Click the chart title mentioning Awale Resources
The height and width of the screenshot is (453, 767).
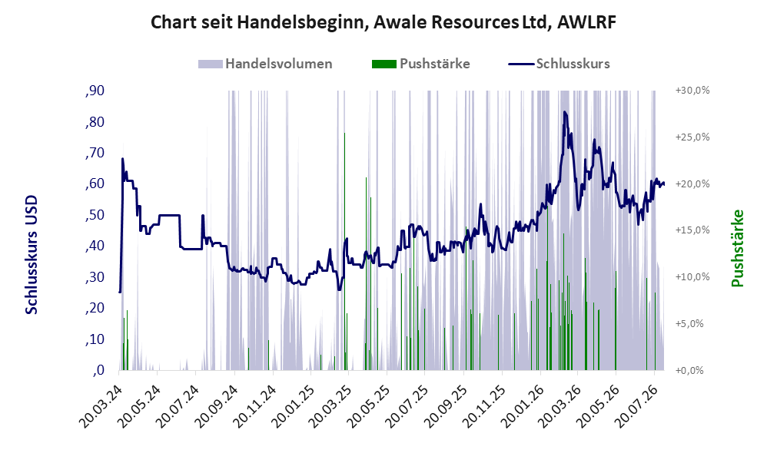[383, 22]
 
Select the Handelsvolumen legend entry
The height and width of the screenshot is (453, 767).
[265, 64]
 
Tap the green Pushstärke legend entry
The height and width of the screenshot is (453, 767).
[420, 64]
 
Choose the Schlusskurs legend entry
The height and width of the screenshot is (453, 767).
[559, 64]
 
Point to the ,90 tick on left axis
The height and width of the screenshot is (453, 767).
[95, 91]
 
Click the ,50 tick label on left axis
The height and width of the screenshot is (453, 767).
[95, 215]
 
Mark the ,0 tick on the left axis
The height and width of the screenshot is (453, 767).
[98, 370]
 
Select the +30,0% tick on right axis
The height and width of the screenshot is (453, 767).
[692, 91]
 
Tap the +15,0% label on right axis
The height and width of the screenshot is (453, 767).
[692, 230]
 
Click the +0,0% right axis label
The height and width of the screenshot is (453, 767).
[689, 370]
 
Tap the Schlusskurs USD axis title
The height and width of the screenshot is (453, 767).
[32, 255]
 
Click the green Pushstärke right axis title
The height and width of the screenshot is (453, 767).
[737, 248]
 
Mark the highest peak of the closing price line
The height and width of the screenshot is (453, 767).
[564, 112]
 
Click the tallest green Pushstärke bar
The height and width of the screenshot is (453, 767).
[344, 251]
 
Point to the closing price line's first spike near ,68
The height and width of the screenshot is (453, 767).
[122, 158]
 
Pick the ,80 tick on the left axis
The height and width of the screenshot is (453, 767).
[95, 121]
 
